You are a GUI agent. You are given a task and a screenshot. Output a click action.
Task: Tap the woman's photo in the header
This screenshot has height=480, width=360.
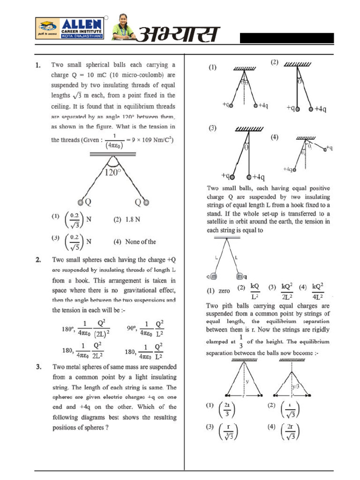[123, 27]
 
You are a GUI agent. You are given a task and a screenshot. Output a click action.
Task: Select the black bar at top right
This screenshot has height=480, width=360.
[287, 38]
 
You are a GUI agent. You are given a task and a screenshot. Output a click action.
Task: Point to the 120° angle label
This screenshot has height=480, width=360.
[112, 172]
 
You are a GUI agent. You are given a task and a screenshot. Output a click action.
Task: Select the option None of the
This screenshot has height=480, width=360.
[135, 242]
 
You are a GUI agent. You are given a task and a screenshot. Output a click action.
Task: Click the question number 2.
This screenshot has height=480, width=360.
[39, 259]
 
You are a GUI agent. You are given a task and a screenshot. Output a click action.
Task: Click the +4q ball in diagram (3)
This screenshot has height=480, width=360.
[249, 177]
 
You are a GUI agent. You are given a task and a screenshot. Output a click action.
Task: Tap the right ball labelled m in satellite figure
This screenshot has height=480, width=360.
[240, 276]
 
